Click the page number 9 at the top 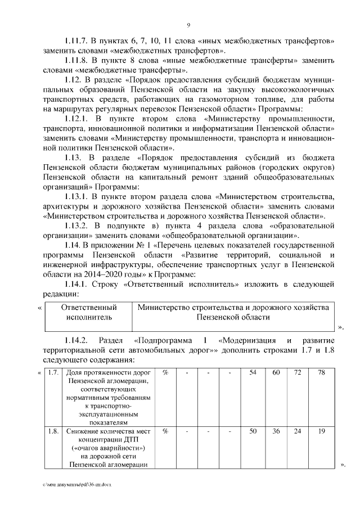(x=188, y=25)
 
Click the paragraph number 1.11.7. (x=77, y=41)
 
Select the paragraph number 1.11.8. (x=77, y=61)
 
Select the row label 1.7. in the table (x=53, y=373)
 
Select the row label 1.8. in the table (x=53, y=432)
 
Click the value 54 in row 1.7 (x=253, y=373)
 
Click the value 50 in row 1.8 (x=253, y=432)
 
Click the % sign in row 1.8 (x=166, y=432)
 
